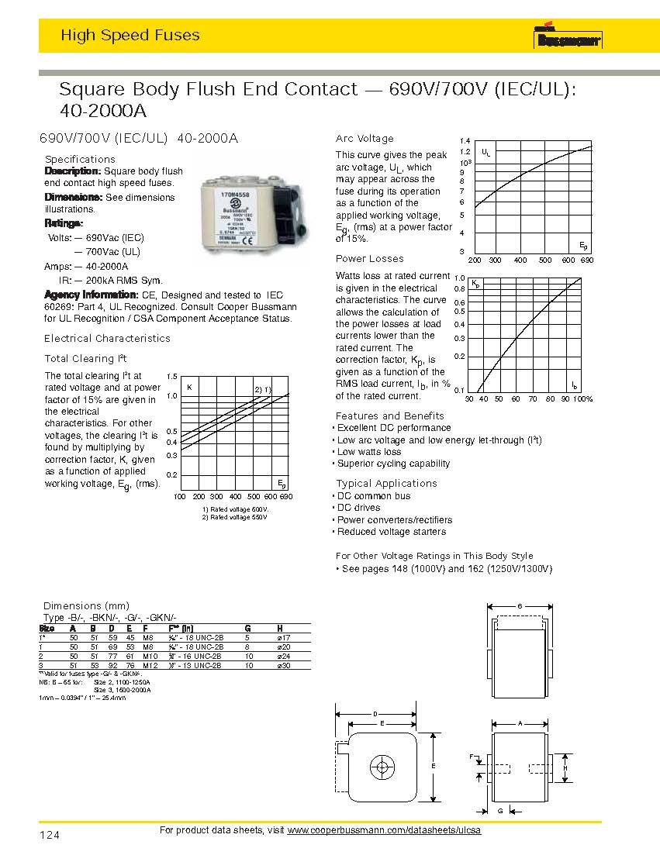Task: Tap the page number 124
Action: (x=49, y=835)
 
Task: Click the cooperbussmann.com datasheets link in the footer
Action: (x=384, y=830)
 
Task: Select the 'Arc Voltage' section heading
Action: (x=365, y=139)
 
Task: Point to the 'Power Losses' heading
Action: (x=369, y=258)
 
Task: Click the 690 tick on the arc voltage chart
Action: (x=586, y=260)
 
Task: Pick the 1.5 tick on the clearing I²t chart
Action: (x=172, y=376)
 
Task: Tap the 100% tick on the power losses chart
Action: (x=582, y=398)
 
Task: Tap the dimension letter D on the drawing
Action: (x=375, y=712)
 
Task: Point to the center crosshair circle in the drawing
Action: (x=382, y=767)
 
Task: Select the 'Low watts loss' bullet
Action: (x=369, y=452)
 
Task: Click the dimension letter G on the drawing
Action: (x=501, y=810)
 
